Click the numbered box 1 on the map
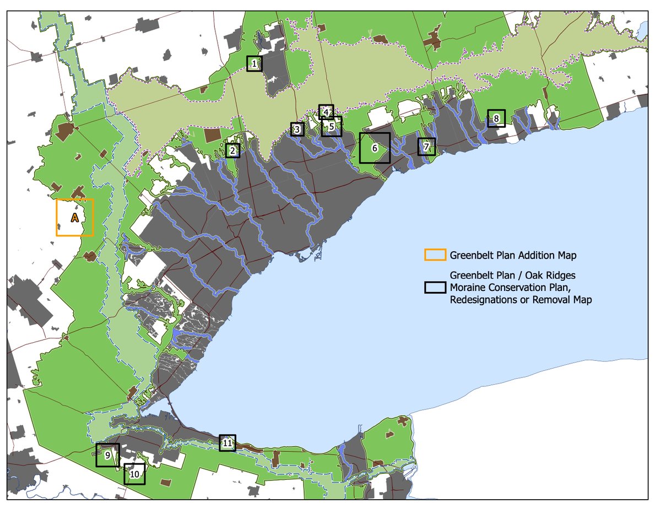(254, 64)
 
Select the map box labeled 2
(232, 150)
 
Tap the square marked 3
(297, 129)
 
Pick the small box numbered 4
(326, 112)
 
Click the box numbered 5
(331, 126)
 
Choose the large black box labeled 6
(375, 148)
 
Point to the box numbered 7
(426, 147)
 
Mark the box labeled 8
(496, 118)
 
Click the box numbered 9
(107, 455)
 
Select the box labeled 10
(134, 473)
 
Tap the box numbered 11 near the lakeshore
(227, 442)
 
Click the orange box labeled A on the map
(75, 218)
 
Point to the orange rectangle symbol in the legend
(435, 255)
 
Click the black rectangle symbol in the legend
(435, 287)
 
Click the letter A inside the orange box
(75, 218)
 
